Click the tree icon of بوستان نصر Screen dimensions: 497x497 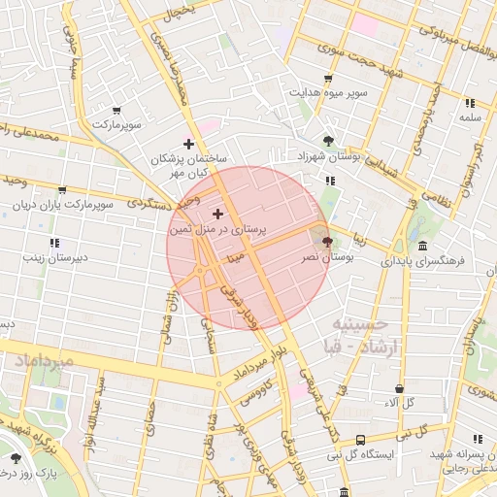(326, 242)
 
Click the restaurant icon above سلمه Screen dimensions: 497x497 (470, 103)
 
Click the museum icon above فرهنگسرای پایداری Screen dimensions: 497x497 (423, 246)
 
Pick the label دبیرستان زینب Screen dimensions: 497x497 (55, 258)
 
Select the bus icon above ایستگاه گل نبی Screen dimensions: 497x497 (360, 439)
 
